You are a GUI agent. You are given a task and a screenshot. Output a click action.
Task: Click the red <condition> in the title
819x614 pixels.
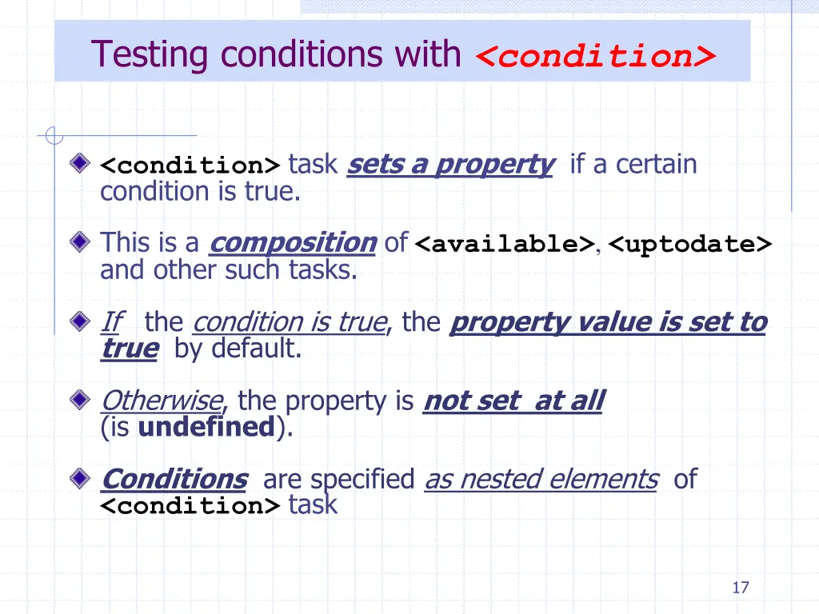coord(595,57)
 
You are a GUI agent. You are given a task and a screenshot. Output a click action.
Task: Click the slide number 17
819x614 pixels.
coord(740,588)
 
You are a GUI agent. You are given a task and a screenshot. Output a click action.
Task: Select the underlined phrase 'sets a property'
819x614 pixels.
coord(450,165)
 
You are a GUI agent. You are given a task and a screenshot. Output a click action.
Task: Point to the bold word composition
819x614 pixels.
coord(292,242)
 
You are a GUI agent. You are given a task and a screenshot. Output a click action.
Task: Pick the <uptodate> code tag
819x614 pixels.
coord(689,244)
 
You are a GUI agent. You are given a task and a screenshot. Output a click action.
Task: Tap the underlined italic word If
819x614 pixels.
coord(110,322)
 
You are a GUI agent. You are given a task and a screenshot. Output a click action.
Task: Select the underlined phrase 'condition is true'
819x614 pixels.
coord(289,322)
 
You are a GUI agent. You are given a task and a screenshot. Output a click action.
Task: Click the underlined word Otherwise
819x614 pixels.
coord(162,400)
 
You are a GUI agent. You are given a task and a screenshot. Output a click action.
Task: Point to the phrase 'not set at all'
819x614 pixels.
coord(513,400)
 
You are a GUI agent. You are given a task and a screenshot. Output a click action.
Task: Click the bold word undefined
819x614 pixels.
coord(206,427)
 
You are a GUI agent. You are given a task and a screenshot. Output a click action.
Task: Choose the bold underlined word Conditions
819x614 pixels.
coord(174,479)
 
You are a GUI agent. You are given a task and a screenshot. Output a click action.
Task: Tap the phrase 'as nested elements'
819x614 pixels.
coord(541,479)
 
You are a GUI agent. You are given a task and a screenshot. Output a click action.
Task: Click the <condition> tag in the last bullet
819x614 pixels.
coord(190,506)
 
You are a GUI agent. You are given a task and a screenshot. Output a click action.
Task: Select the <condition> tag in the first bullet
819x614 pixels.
coord(190,166)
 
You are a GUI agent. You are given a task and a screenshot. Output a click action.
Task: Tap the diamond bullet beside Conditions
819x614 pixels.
coord(78,478)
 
